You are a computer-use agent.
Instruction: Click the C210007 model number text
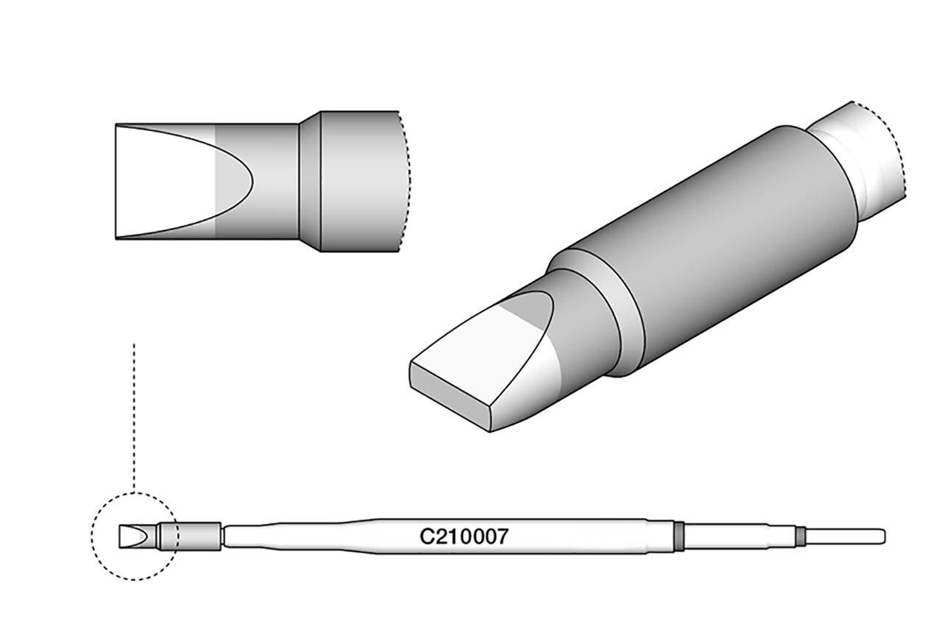pos(463,537)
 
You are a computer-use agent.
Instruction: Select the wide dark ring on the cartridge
pos(679,535)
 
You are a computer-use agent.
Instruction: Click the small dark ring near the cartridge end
pos(801,536)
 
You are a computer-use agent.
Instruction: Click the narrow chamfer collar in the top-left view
pos(309,180)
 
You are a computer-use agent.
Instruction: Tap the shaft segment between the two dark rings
pos(740,536)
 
